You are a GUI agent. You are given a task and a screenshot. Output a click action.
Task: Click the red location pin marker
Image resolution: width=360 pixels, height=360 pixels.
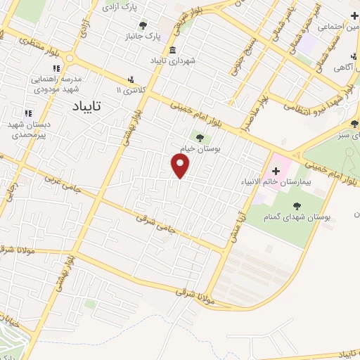[x=181, y=166]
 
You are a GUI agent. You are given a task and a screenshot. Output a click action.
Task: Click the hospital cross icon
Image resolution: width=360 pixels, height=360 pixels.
[x=276, y=171]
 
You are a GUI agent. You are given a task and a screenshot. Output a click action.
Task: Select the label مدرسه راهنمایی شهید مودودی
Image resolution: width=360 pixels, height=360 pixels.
[x=58, y=84]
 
